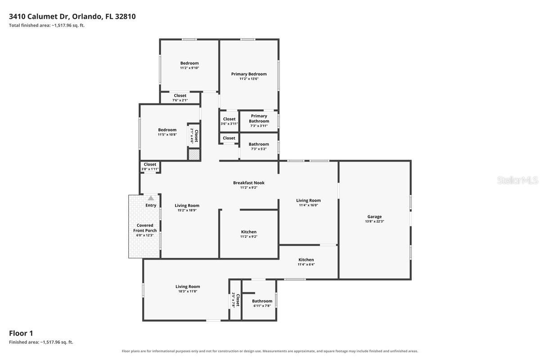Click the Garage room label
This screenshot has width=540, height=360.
point(374,216)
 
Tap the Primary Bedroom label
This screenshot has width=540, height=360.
point(249,74)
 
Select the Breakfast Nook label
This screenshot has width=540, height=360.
point(248,183)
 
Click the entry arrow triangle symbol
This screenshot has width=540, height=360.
point(151,198)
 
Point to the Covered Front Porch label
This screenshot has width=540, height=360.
point(145,228)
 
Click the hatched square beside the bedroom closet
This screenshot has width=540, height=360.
point(194,154)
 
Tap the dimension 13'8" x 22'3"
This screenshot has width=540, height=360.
point(374,221)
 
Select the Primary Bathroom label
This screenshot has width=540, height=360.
point(259,118)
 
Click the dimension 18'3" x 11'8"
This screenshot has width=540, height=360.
point(188,291)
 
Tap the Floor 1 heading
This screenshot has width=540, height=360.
point(21,333)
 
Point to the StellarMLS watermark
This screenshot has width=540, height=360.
point(517,180)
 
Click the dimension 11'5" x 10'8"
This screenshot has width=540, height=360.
point(167,135)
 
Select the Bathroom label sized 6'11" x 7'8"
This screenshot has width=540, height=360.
point(262,301)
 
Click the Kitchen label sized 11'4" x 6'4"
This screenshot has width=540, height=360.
point(306,260)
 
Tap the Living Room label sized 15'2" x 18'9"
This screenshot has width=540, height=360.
point(187,206)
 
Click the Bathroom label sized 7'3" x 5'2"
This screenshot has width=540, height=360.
point(259,144)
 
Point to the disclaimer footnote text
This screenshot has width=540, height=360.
point(270,351)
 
